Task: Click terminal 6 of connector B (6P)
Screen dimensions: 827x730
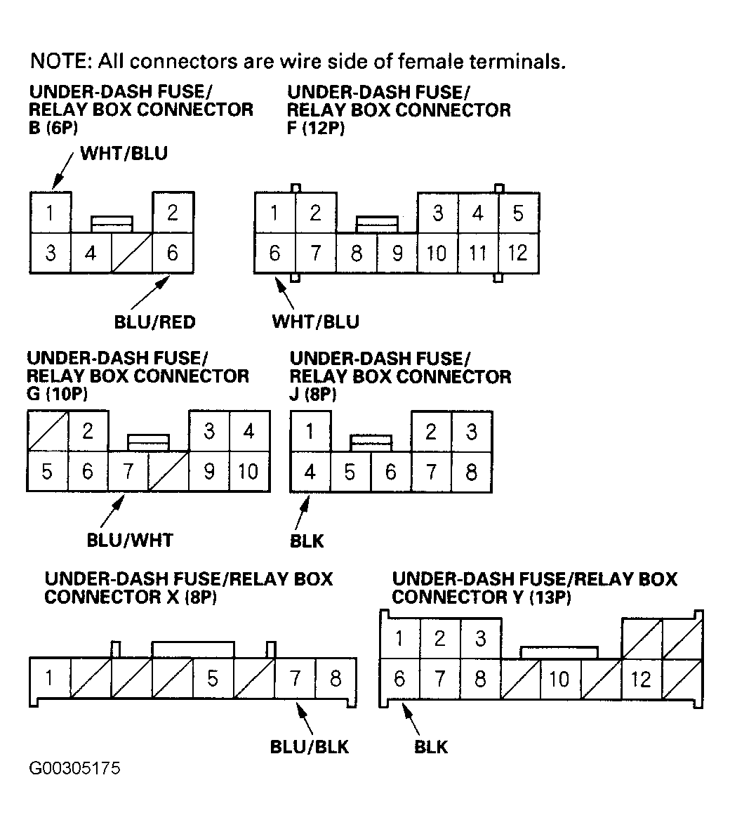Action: point(173,252)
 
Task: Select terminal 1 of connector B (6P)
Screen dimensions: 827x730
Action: point(50,213)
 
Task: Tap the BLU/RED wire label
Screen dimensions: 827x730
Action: point(154,322)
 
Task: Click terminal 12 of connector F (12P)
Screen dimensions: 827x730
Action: point(518,252)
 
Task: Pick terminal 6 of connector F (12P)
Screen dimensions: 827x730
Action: point(274,252)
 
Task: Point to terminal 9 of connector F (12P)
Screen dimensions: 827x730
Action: point(397,252)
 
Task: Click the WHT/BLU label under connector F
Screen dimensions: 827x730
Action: point(315,322)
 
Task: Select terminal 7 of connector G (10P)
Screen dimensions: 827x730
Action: point(128,471)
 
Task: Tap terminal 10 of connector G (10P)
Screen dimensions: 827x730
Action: point(248,471)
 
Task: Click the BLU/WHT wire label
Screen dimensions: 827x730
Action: point(129,540)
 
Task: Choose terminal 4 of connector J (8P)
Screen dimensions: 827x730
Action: point(310,471)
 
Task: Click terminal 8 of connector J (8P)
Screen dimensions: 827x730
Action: point(471,471)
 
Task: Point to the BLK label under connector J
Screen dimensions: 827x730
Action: point(307,541)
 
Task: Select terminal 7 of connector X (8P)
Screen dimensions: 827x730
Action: point(295,678)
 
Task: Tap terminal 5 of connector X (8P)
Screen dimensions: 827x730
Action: point(213,678)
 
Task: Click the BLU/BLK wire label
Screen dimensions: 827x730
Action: point(309,746)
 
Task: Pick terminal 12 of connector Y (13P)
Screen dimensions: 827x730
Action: point(641,679)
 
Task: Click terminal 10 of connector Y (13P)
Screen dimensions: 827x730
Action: point(559,679)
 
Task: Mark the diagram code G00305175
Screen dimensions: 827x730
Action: point(74,768)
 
